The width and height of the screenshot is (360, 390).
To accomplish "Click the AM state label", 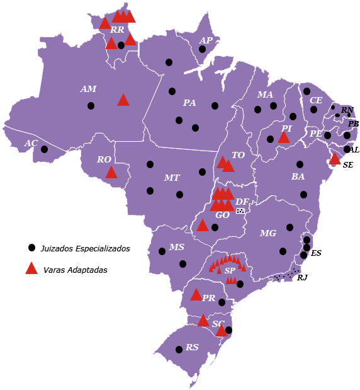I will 88,89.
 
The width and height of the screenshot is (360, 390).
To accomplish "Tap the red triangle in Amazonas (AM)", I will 123,100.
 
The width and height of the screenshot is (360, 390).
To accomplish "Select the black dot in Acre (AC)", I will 44,149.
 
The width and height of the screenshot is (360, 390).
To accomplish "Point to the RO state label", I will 104,160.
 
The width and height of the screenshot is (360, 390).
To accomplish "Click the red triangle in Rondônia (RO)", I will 111,173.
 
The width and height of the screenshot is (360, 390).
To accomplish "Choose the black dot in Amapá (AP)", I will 203,49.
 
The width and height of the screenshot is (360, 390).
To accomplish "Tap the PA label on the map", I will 189,103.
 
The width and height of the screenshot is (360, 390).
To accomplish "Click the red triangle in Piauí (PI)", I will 284,137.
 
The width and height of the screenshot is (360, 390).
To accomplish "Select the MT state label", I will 172,178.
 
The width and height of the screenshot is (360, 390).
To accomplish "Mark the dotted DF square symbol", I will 240,211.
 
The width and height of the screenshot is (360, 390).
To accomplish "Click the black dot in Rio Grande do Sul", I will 179,349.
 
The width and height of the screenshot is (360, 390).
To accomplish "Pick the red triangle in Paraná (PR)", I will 196,295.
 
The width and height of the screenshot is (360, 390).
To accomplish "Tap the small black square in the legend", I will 31,248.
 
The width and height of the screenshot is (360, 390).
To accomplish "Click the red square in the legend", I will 31,268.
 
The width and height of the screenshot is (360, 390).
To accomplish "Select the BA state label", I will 298,177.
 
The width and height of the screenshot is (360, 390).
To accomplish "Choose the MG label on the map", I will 268,234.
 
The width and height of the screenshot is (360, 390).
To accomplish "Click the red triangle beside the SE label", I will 335,159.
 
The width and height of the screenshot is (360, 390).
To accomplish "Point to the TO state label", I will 238,155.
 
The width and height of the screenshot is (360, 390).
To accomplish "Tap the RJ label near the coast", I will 302,277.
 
